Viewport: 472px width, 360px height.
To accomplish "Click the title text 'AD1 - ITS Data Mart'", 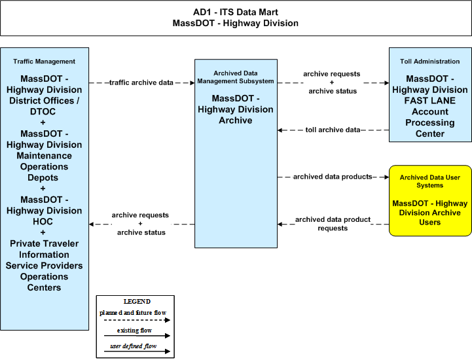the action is coord(236,12).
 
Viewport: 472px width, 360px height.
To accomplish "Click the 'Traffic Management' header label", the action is coord(45,62).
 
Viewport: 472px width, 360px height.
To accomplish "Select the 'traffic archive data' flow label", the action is coord(141,82).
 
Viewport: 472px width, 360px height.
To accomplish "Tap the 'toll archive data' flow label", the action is coord(333,130).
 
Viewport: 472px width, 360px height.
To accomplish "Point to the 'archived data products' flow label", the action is coord(333,177).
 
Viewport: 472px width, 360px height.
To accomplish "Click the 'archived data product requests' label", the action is coord(333,224).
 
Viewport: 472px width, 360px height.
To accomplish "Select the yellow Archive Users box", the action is coord(430,200).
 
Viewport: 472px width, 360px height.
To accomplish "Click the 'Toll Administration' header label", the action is coord(430,62).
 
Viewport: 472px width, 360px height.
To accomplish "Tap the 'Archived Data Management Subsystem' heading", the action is coord(236,77).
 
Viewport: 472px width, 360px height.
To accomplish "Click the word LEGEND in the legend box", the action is coord(137,301).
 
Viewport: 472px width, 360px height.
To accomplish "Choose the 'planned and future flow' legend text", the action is coord(133,313).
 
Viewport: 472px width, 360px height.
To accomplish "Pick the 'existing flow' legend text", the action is coord(134,331).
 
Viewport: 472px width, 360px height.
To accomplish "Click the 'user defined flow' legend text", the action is coord(134,346).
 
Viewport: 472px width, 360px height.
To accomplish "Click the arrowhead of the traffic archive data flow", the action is coord(192,82).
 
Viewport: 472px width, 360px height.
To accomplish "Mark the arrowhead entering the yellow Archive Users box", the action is coord(387,177).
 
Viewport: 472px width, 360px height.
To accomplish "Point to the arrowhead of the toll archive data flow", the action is coord(280,130).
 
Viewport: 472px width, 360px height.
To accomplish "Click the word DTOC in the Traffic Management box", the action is coord(43,112).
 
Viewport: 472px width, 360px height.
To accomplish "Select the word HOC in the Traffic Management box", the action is coord(43,221).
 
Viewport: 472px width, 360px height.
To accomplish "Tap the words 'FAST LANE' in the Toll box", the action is coord(430,101).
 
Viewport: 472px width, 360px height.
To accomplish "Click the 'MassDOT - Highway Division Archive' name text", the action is coord(236,109).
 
